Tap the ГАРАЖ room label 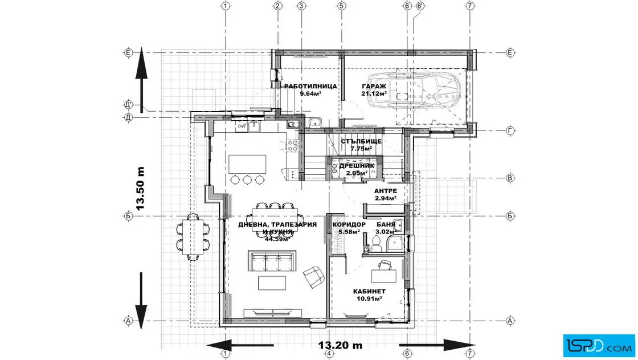point(374,86)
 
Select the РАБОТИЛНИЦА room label point(310,86)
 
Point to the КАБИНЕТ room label point(369,291)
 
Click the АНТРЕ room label point(385,191)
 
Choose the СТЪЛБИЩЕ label point(361,142)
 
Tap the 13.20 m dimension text point(340,345)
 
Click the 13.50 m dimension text point(140,189)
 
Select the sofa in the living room point(272,260)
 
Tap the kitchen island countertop point(247,164)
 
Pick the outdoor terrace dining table point(193,236)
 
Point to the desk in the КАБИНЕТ point(384,276)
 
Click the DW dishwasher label point(242,126)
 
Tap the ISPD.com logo point(599,345)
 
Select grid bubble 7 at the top point(470,6)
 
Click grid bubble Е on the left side point(128,53)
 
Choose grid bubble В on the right point(510,178)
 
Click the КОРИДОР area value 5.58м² point(349,232)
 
